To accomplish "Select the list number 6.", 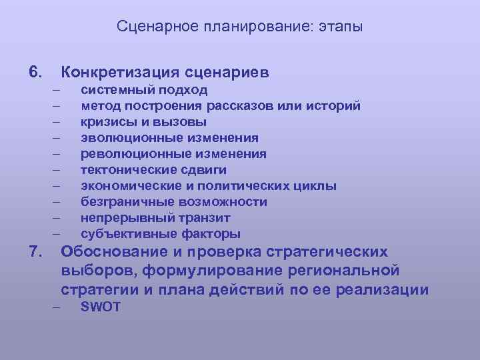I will pos(35,71).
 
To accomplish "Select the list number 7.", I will pos(35,252).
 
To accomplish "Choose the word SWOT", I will pos(101,307).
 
